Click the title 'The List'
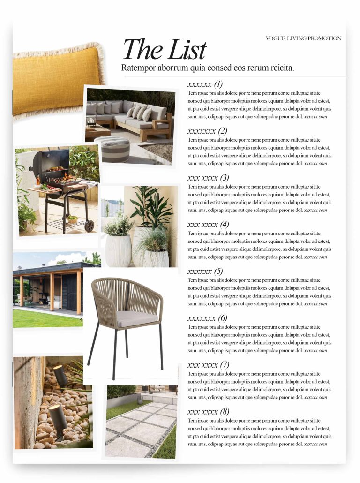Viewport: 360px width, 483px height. pyautogui.click(x=164, y=50)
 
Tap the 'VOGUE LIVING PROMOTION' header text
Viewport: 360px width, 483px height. pyautogui.click(x=303, y=38)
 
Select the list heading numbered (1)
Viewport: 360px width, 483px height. pyautogui.click(x=205, y=84)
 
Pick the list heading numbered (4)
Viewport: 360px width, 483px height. pyautogui.click(x=208, y=225)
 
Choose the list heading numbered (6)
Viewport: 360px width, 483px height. pyautogui.click(x=207, y=318)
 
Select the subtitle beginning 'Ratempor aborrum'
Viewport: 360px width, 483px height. pyautogui.click(x=208, y=68)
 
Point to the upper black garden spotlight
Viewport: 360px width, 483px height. pyautogui.click(x=60, y=375)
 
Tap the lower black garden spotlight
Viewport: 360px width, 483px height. pyautogui.click(x=58, y=417)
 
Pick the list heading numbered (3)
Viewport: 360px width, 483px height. pyautogui.click(x=208, y=178)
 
